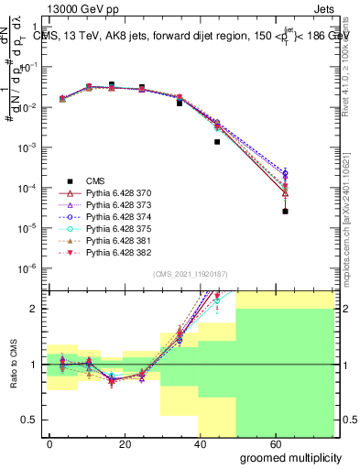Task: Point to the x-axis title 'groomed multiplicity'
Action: pyautogui.click(x=291, y=456)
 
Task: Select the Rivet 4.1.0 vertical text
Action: pyautogui.click(x=352, y=55)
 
